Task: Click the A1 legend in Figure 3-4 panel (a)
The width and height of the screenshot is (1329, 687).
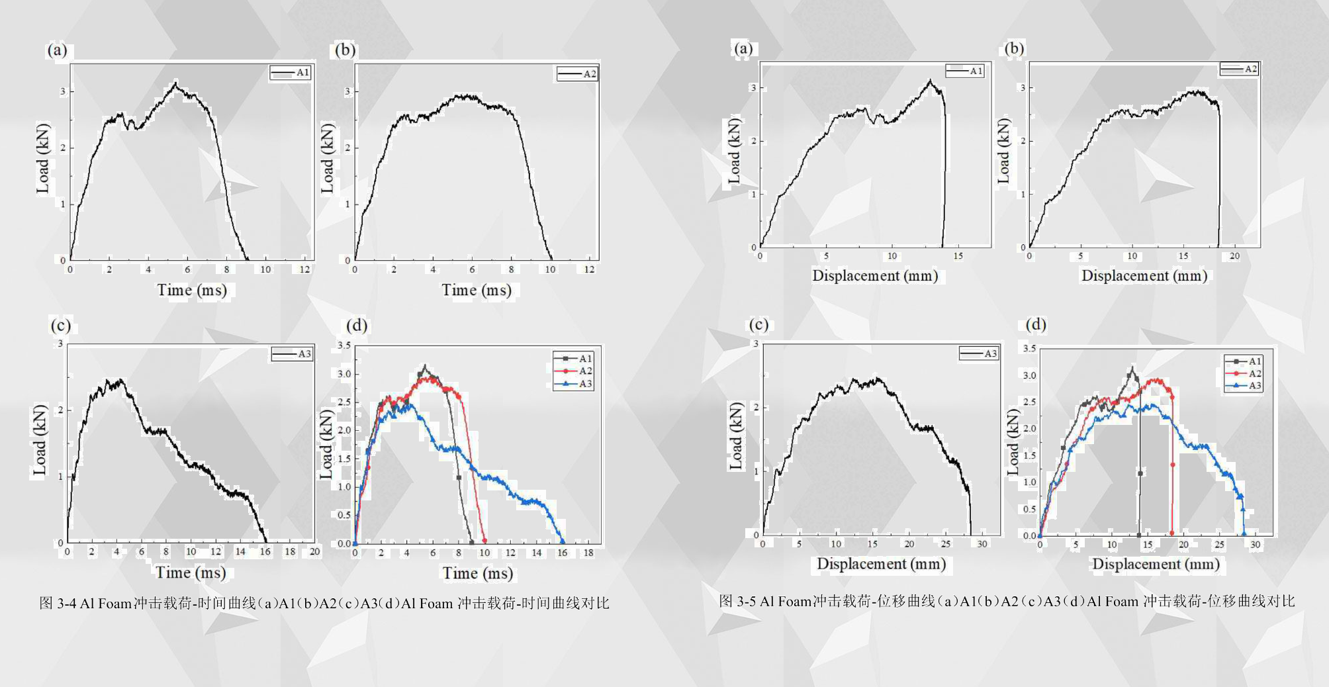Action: pyautogui.click(x=291, y=73)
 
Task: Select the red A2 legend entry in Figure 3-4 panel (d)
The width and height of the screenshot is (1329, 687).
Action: pyautogui.click(x=573, y=371)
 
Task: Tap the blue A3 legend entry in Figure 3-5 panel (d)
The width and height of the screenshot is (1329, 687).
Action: pyautogui.click(x=1244, y=386)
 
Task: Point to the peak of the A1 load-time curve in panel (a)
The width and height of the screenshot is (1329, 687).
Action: pyautogui.click(x=175, y=83)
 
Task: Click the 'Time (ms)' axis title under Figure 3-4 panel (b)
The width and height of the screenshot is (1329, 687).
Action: pyautogui.click(x=477, y=290)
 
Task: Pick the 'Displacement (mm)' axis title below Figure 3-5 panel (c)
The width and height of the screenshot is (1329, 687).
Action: pyautogui.click(x=881, y=564)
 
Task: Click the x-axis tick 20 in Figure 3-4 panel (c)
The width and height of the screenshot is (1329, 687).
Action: pyautogui.click(x=314, y=551)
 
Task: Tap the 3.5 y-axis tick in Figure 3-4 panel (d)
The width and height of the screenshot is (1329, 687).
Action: pyautogui.click(x=344, y=345)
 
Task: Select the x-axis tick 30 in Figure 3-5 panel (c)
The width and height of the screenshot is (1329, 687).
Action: pyautogui.click(x=982, y=544)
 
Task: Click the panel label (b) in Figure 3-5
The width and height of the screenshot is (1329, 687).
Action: pyautogui.click(x=1013, y=48)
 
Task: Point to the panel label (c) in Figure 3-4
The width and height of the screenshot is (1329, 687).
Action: pyautogui.click(x=60, y=325)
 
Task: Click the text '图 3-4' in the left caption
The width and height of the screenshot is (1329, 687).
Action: pyautogui.click(x=58, y=603)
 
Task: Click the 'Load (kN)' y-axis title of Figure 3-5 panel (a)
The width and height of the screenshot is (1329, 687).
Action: pyautogui.click(x=734, y=152)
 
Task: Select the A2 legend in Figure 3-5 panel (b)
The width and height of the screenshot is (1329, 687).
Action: pyautogui.click(x=1239, y=69)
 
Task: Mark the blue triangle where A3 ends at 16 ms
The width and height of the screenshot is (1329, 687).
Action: pyautogui.click(x=563, y=541)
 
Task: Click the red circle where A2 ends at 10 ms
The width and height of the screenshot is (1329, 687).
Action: pyautogui.click(x=484, y=541)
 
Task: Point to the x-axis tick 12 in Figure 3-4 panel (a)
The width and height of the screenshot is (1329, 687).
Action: pyautogui.click(x=304, y=269)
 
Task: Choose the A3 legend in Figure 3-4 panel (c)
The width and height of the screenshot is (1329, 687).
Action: pyautogui.click(x=292, y=354)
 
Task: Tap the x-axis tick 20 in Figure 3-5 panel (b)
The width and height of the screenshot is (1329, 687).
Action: pyautogui.click(x=1234, y=256)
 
